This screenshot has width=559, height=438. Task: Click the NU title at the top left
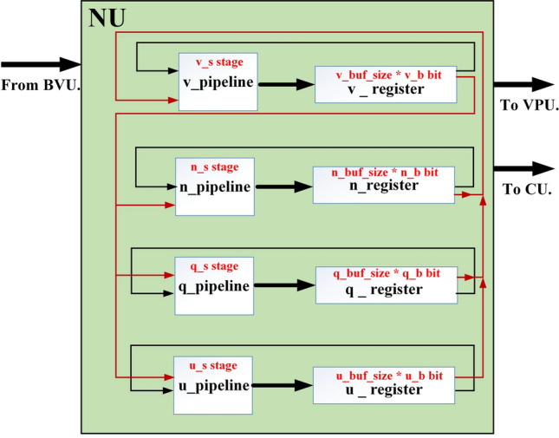click(107, 18)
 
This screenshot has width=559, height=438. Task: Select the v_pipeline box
click(214, 82)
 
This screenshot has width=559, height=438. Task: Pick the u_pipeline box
click(215, 383)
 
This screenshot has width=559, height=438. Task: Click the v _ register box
click(385, 88)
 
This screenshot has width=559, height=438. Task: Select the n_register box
click(383, 185)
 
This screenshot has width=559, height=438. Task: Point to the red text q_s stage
click(214, 266)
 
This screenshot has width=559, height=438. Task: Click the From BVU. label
click(41, 84)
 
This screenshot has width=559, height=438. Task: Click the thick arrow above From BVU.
click(41, 64)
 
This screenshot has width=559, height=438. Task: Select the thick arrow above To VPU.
click(523, 84)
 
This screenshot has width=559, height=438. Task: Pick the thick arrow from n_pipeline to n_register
click(282, 186)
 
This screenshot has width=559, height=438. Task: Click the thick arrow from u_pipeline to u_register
click(282, 384)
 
